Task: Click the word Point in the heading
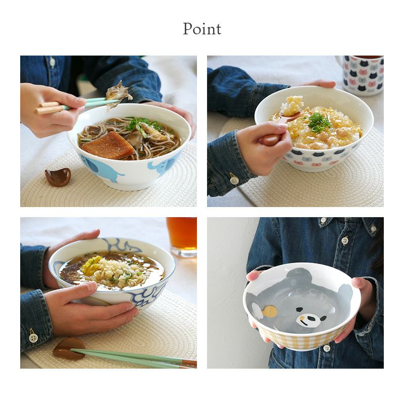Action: [202, 29]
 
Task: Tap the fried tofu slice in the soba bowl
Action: [108, 145]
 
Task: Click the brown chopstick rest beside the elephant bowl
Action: [58, 177]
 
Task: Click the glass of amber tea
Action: [182, 236]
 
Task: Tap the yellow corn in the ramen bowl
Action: [92, 264]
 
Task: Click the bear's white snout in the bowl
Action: [308, 320]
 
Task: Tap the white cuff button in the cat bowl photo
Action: [234, 180]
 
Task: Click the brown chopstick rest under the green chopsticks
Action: [69, 348]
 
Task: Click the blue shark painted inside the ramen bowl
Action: [121, 245]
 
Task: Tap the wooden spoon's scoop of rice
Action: [292, 106]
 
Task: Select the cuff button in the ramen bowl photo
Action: [33, 337]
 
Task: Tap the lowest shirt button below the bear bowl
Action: [327, 348]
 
